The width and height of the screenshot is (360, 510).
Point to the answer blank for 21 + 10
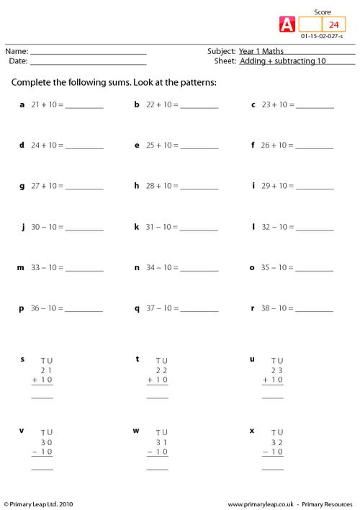pyautogui.click(x=84, y=107)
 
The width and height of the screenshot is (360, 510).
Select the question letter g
pyautogui.click(x=22, y=186)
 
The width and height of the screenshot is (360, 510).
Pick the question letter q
pyautogui.click(x=137, y=308)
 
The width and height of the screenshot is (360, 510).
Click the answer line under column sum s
pyautogui.click(x=42, y=397)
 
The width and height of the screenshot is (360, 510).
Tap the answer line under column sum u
pyautogui.click(x=272, y=397)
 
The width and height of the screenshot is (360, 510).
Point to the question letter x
pyautogui.click(x=252, y=430)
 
